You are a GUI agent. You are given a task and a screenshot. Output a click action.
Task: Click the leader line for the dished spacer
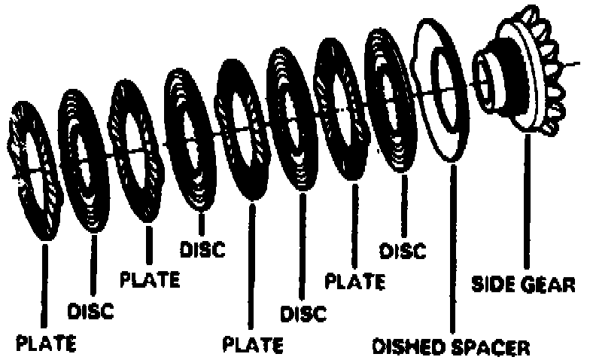tap(453, 249)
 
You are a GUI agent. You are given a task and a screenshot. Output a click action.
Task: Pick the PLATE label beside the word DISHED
tap(253, 345)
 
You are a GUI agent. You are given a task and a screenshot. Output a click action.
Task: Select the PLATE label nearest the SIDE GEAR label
tap(354, 282)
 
